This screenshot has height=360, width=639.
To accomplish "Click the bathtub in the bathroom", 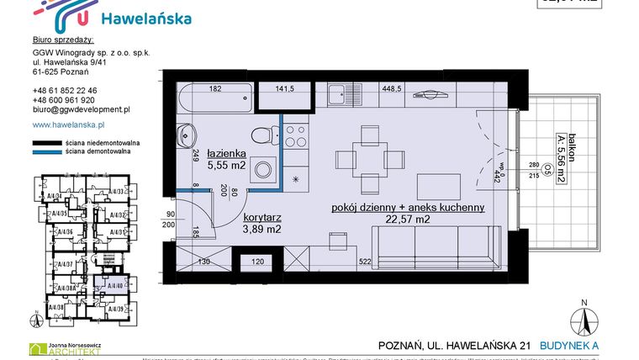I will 214,102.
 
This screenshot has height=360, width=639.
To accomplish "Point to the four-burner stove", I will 296,136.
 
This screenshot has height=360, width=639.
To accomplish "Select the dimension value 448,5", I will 392,88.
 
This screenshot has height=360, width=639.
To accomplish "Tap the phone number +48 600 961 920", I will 65,99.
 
